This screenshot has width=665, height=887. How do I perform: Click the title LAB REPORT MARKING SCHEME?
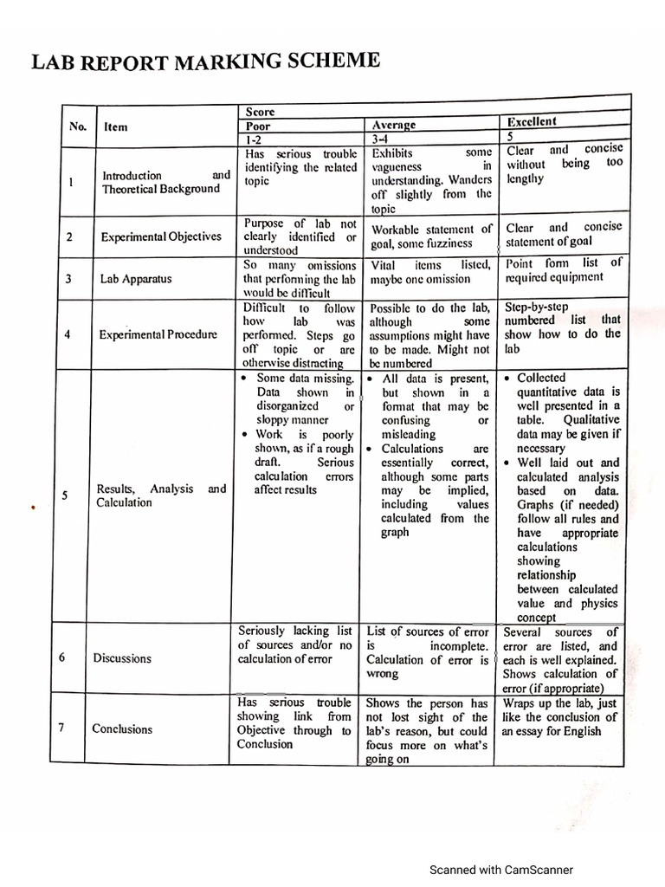tap(206, 62)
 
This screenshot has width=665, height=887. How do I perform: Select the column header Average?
tap(393, 126)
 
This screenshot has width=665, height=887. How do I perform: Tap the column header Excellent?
tap(532, 122)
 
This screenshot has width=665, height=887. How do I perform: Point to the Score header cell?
tap(260, 113)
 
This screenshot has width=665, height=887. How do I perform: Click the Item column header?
tap(116, 126)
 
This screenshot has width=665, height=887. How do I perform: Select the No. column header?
tap(78, 126)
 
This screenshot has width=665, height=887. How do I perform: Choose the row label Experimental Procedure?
tap(159, 333)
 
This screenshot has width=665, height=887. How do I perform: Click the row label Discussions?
tap(122, 658)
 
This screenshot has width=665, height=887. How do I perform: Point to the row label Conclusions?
tap(122, 728)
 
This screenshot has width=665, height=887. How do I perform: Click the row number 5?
tap(67, 495)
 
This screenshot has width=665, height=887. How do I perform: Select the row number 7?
tap(63, 727)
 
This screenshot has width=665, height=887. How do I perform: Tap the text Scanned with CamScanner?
tap(502, 870)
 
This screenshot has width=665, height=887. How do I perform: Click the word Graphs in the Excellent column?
tap(536, 505)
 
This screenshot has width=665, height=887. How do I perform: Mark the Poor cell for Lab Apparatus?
tap(300, 279)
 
